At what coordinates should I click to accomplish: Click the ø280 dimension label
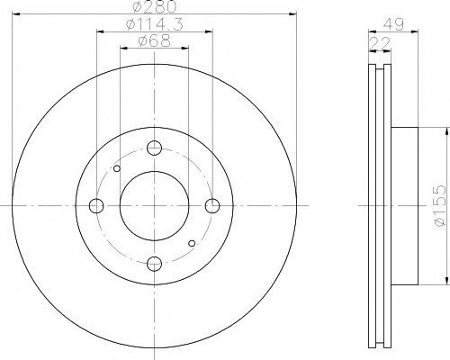pyautogui.click(x=154, y=7)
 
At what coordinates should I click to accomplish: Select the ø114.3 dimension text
pyautogui.click(x=155, y=24)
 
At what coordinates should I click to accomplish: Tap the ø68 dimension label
pyautogui.click(x=155, y=41)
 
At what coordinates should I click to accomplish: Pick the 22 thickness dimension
pyautogui.click(x=380, y=43)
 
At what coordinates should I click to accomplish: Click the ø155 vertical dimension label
pyautogui.click(x=440, y=206)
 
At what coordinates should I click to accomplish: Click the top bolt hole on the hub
pyautogui.click(x=155, y=148)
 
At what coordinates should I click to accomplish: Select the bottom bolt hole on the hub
pyautogui.click(x=155, y=264)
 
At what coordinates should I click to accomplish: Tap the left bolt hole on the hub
pyautogui.click(x=96, y=206)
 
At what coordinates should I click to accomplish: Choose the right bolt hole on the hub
pyautogui.click(x=212, y=206)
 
